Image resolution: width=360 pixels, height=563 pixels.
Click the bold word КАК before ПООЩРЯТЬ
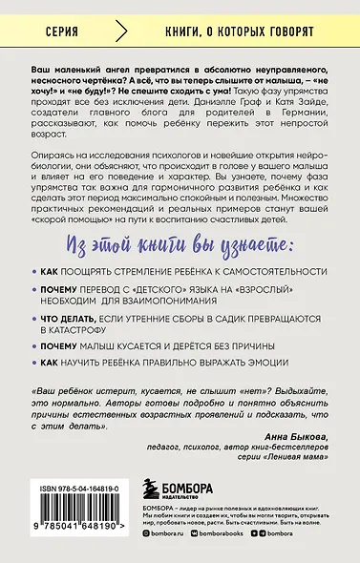tap(50, 273)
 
